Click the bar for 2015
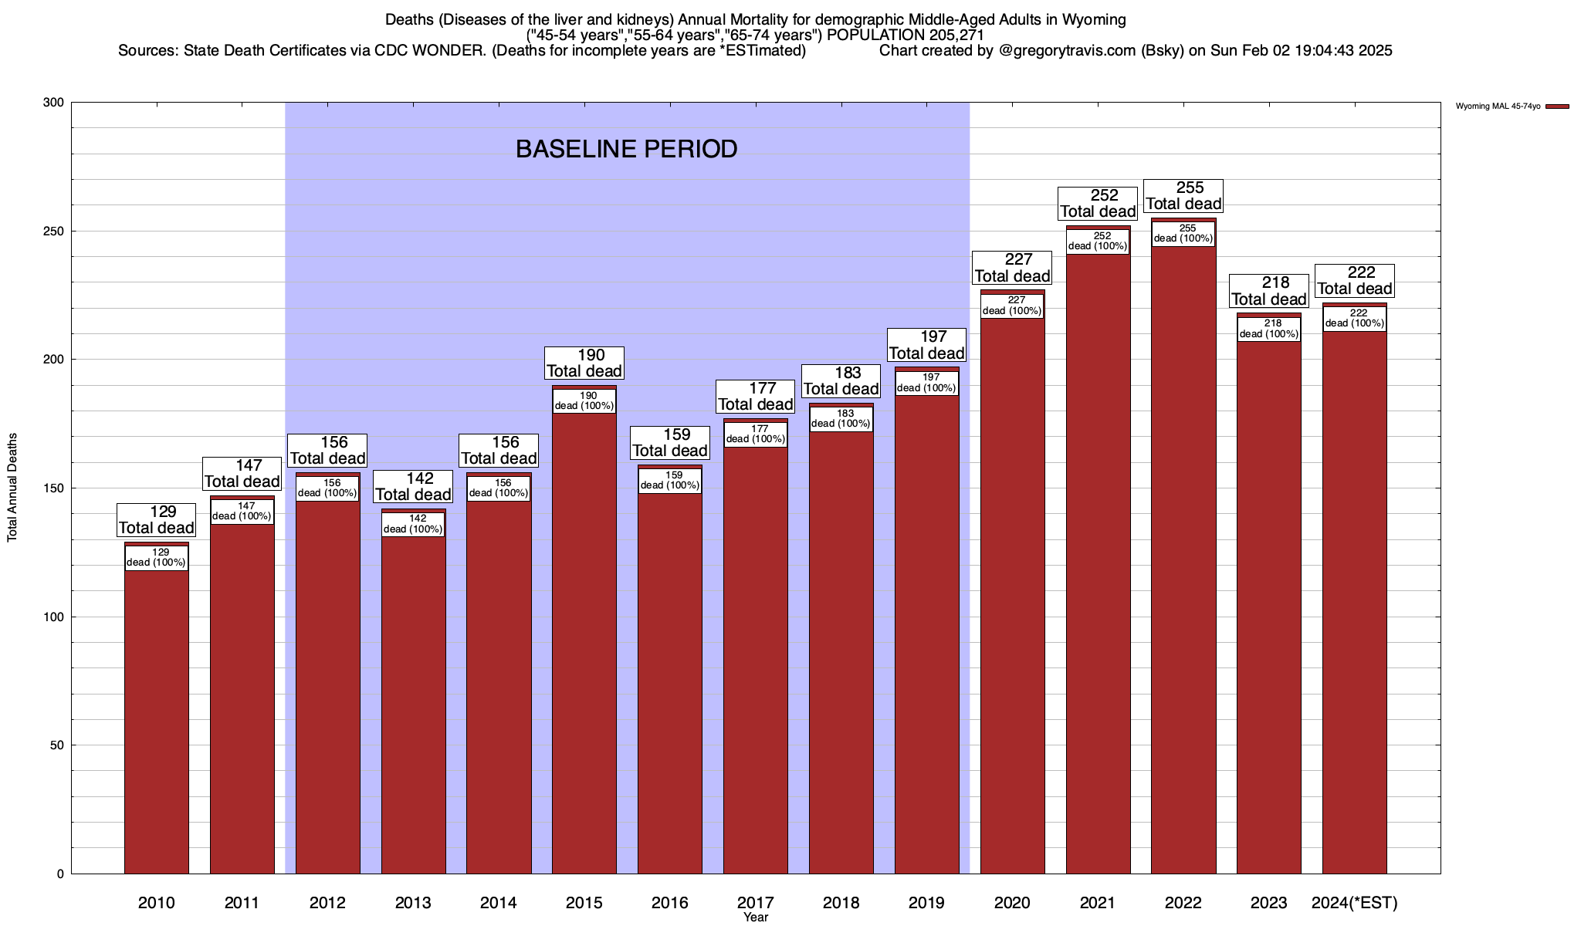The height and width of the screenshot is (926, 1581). [x=584, y=640]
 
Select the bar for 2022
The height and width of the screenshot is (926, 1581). [x=1183, y=556]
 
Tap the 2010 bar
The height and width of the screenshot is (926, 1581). [x=157, y=718]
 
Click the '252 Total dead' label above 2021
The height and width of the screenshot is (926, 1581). [x=1098, y=204]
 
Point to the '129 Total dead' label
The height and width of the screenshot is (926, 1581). [x=156, y=520]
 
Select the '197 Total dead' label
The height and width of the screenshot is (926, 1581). [x=926, y=345]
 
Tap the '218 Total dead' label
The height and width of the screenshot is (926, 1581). [x=1269, y=291]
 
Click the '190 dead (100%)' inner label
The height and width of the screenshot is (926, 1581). [x=584, y=401]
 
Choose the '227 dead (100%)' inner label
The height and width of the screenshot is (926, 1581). [x=1012, y=306]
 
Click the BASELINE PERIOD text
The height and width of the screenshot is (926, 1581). [x=626, y=149]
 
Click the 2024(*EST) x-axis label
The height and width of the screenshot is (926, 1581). [x=1355, y=903]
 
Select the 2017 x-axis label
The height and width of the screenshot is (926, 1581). [x=756, y=903]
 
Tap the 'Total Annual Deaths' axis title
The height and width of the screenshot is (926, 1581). [x=12, y=488]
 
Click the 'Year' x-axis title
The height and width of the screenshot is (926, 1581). [x=756, y=918]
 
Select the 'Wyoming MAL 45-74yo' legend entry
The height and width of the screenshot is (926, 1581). [x=1498, y=106]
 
